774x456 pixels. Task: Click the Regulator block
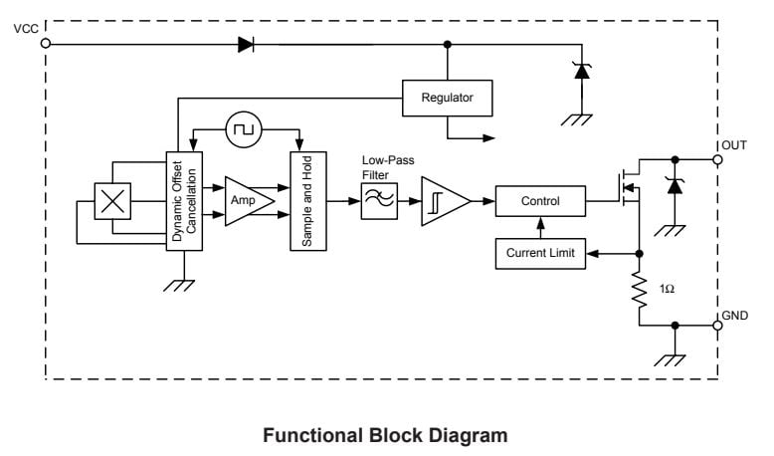tap(448, 98)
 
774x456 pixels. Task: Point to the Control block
tap(540, 201)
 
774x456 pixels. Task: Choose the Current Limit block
tap(540, 254)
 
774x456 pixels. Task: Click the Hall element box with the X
tap(111, 201)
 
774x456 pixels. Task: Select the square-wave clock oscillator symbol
tap(243, 128)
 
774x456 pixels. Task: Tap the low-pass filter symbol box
tap(379, 201)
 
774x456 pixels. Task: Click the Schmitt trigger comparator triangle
tap(442, 201)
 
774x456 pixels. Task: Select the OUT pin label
tap(734, 145)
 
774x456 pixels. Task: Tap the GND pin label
tap(734, 315)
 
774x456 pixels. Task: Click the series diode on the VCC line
tap(246, 44)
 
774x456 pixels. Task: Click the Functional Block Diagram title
tap(385, 435)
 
